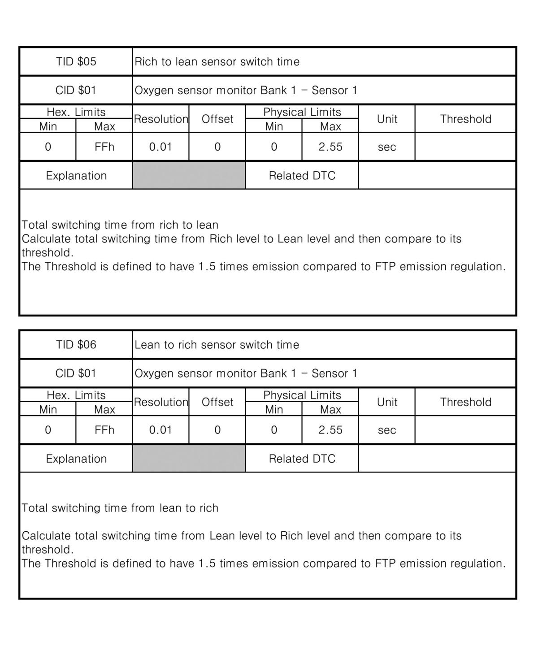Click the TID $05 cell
76,61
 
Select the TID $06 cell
76,345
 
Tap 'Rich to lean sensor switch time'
217,61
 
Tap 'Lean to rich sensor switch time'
217,345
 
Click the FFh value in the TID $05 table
104,147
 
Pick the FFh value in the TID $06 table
104,430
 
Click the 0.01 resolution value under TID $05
161,147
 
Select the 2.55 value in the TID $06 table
330,430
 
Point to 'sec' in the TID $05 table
386,147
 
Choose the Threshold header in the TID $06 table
465,402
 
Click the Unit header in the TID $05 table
386,119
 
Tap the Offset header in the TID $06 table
217,402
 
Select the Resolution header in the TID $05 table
161,119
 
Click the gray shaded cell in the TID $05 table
189,175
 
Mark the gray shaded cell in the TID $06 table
189,458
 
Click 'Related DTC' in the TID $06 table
302,459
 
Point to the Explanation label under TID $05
76,175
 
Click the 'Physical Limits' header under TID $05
302,112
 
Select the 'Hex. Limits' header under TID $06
76,395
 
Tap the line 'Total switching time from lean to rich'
120,508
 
